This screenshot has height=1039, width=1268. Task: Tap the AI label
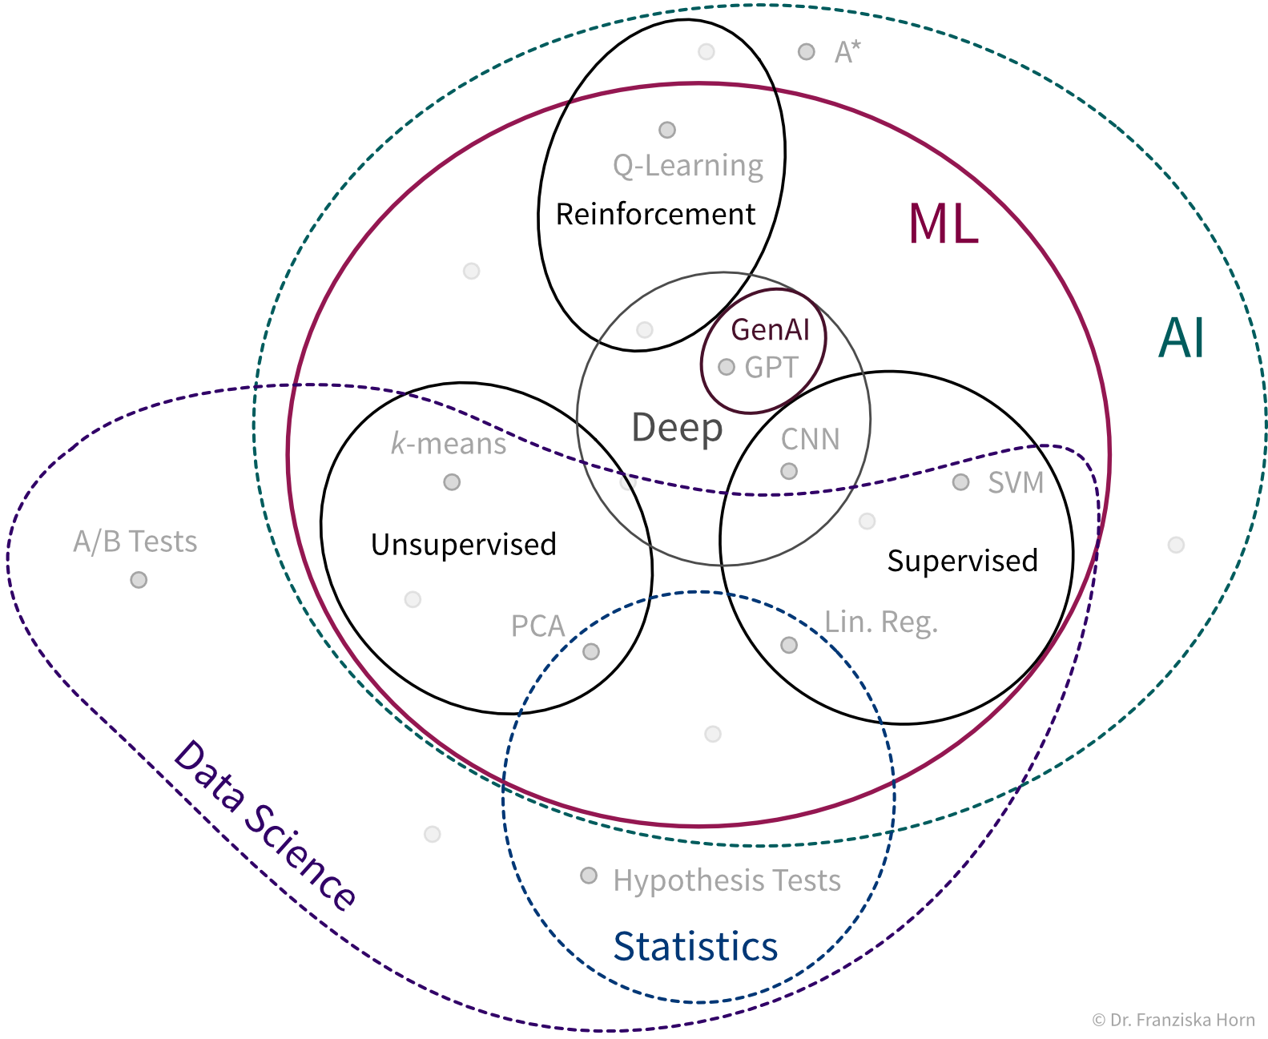click(x=1181, y=338)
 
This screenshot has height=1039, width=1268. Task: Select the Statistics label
click(x=695, y=946)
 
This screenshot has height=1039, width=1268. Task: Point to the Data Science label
click(x=264, y=825)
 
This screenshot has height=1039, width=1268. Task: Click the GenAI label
click(x=770, y=329)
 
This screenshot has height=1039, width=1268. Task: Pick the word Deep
click(x=677, y=428)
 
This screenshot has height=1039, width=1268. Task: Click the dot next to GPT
click(x=727, y=367)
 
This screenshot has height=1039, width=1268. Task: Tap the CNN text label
click(x=810, y=439)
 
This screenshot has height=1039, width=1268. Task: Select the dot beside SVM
click(x=960, y=482)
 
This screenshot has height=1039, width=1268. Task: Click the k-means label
click(x=449, y=443)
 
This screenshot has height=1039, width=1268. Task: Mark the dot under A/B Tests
click(x=139, y=579)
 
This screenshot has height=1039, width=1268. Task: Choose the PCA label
click(x=537, y=626)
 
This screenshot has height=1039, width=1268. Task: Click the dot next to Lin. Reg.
click(x=789, y=645)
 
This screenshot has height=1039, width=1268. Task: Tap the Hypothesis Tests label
click(x=727, y=880)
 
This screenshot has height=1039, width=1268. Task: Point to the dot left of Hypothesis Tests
click(x=589, y=876)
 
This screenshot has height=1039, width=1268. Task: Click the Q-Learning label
click(x=688, y=166)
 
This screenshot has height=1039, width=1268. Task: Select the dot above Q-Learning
click(x=667, y=130)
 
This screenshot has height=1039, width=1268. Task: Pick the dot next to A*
click(x=806, y=52)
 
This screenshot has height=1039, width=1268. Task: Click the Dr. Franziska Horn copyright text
click(x=1173, y=1020)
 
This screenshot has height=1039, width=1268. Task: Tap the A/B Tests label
click(x=135, y=542)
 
